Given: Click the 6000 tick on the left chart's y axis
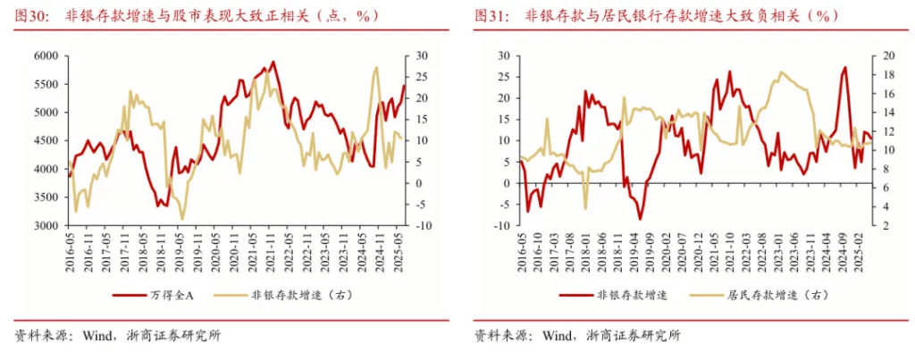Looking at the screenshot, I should (x=46, y=55).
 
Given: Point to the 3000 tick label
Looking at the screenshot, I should (x=46, y=225).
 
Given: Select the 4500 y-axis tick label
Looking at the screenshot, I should (x=46, y=140).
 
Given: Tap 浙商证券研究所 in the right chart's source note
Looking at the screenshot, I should (x=634, y=336).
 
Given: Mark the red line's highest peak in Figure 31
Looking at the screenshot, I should (x=844, y=67).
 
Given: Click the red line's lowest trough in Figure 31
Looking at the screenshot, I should (x=640, y=219).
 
